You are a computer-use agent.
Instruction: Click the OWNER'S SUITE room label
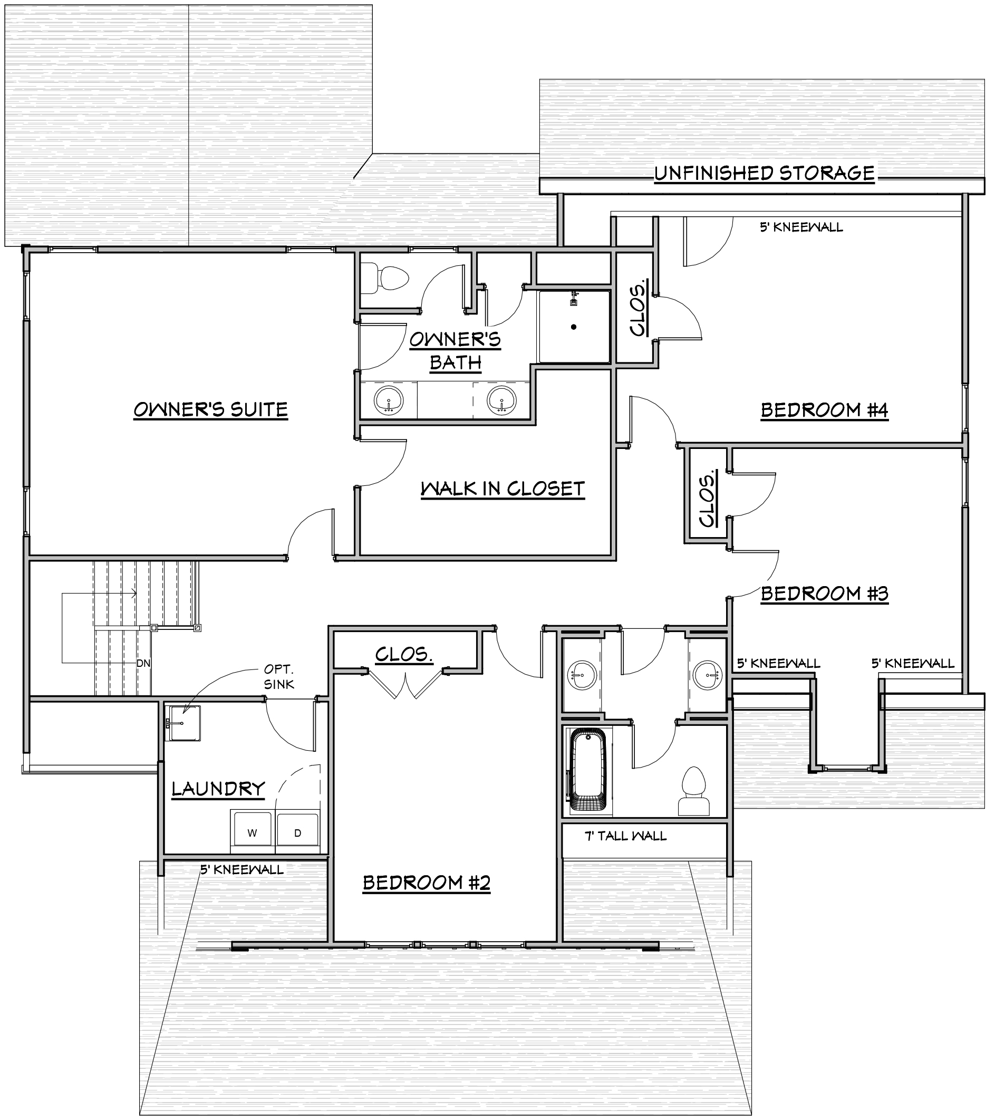[x=211, y=410]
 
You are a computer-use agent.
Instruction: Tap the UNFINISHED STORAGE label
[x=765, y=173]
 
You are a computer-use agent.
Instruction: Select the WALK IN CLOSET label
[x=503, y=489]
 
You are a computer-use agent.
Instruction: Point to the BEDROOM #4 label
[x=824, y=410]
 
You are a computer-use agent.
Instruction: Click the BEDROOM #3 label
[x=824, y=593]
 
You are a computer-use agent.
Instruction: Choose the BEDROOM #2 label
[x=427, y=883]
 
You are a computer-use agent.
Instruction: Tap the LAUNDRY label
[x=218, y=789]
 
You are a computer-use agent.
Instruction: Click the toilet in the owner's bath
[x=385, y=279]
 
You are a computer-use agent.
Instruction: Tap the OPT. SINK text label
[x=279, y=677]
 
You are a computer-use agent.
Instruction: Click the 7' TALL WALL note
[x=625, y=836]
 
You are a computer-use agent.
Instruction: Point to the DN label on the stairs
[x=143, y=664]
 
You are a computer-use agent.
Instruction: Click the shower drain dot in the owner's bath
[x=574, y=327]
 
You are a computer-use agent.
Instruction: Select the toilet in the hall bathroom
[x=694, y=791]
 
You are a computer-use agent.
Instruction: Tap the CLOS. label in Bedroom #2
[x=404, y=654]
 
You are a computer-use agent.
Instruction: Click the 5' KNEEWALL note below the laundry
[x=242, y=869]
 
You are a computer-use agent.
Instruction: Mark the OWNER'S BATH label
[x=455, y=351]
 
